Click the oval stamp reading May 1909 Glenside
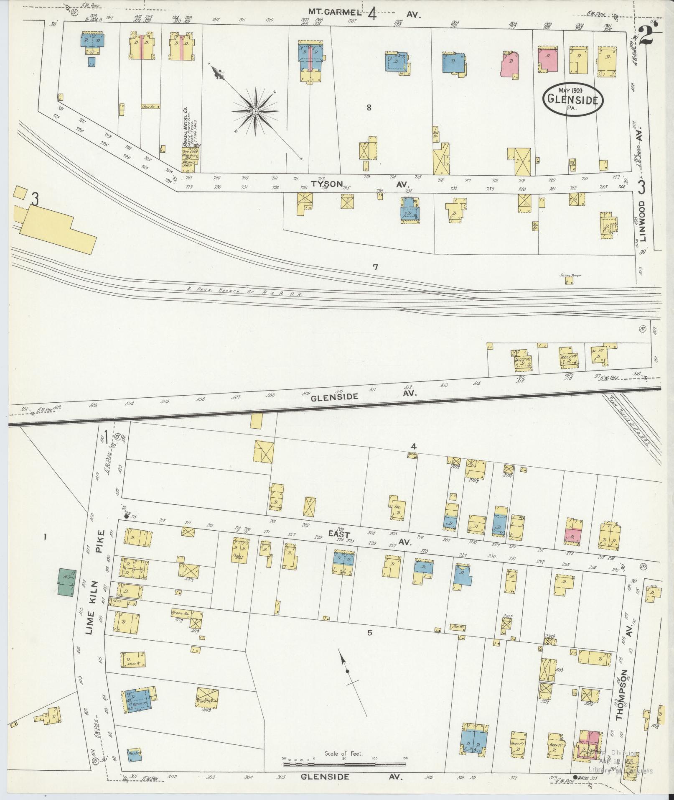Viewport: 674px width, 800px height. click(572, 99)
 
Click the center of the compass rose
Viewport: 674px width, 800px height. click(254, 111)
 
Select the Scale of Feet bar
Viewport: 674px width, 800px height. click(344, 764)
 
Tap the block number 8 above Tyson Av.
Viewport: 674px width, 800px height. click(369, 108)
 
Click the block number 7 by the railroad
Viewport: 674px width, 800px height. click(375, 267)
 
